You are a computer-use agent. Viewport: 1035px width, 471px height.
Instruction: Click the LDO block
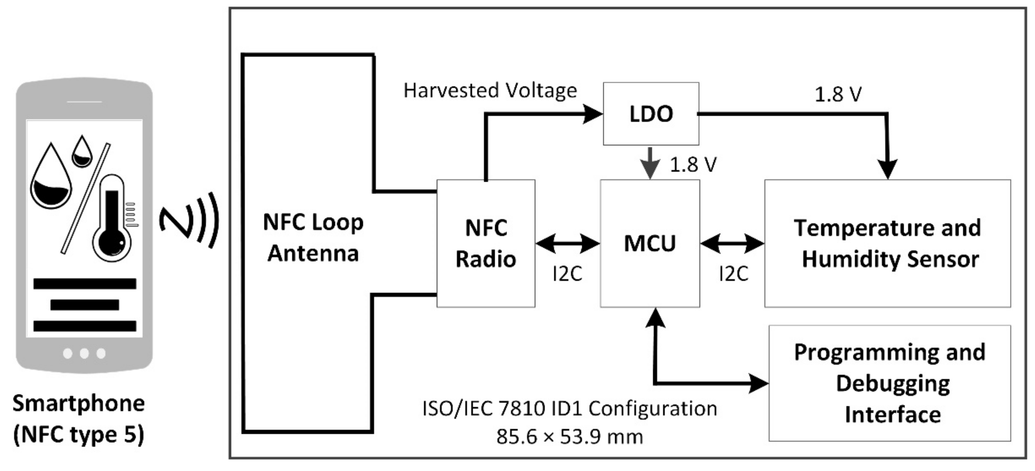(651, 114)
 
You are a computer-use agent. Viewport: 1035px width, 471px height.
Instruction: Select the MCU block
(650, 243)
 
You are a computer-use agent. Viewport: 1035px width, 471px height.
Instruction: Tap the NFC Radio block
(486, 243)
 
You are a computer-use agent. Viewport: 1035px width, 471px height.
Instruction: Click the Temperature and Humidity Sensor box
(887, 243)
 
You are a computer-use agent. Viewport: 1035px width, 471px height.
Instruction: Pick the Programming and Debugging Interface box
(890, 383)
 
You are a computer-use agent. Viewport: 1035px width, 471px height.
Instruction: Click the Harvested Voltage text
(490, 90)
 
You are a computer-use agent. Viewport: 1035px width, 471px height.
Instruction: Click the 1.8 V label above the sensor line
(838, 94)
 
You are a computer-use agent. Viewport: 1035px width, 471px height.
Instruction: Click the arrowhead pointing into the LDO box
(593, 114)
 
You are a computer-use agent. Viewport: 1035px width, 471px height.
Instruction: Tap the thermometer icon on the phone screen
(112, 219)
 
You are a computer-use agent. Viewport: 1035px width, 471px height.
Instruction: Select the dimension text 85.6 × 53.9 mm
(569, 437)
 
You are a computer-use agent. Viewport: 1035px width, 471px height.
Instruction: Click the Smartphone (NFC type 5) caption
(78, 419)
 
